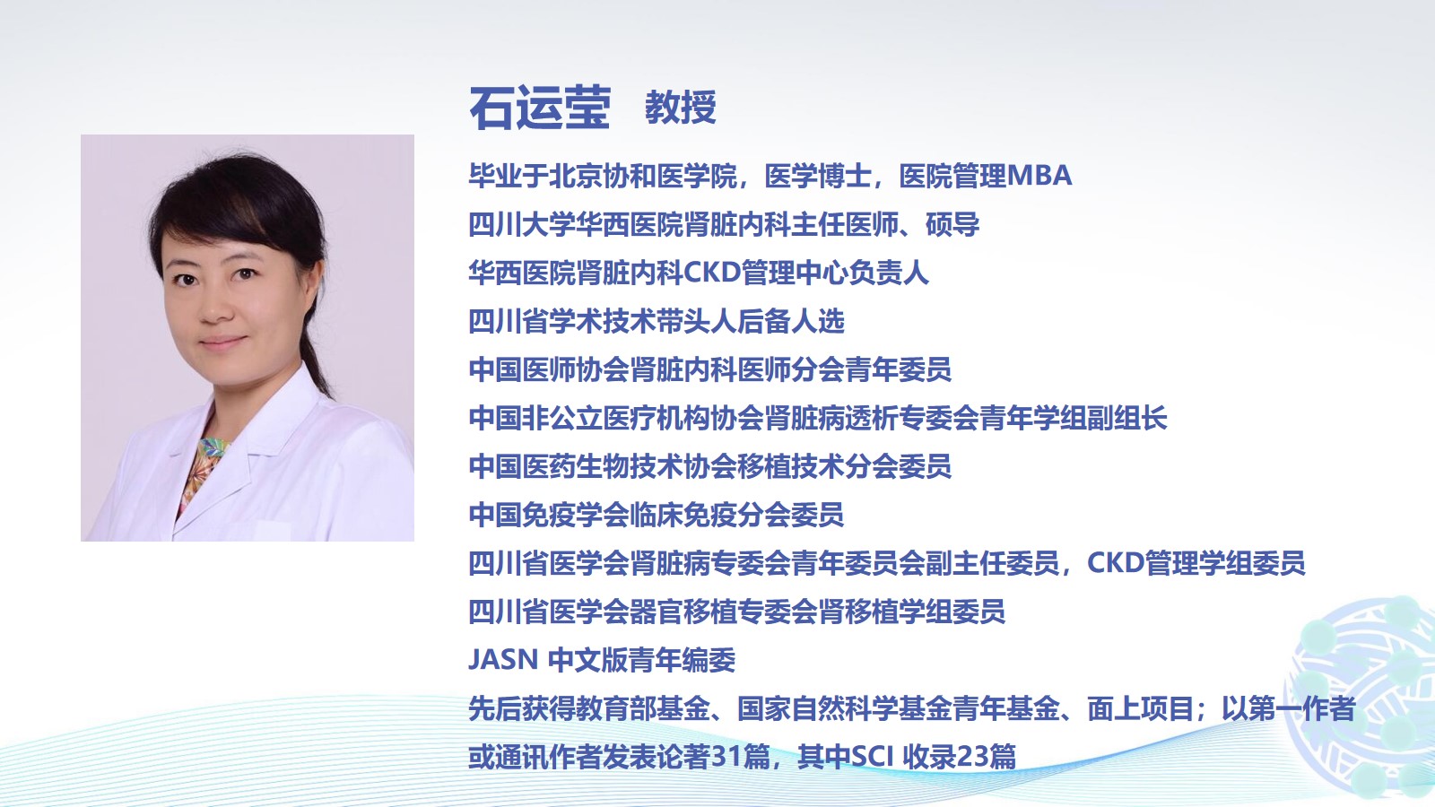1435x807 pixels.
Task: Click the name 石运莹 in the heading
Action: (x=539, y=108)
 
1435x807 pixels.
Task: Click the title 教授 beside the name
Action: (x=681, y=107)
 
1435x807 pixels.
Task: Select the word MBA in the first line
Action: (x=1039, y=176)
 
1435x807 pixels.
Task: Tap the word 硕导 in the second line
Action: (x=952, y=224)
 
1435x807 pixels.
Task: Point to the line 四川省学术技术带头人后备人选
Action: (x=657, y=321)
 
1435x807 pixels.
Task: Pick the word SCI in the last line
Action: (x=873, y=757)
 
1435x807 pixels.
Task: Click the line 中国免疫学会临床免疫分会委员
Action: (x=656, y=515)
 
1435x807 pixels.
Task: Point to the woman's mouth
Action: (x=222, y=343)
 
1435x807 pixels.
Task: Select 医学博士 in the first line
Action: (x=818, y=176)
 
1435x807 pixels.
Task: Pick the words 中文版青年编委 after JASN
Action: (x=642, y=660)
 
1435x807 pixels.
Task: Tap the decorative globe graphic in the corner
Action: (x=1364, y=699)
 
